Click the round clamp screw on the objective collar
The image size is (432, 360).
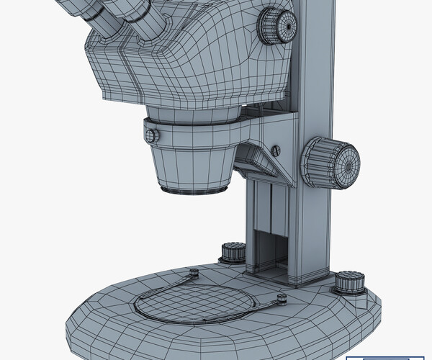151,135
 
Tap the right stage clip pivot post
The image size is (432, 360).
279,298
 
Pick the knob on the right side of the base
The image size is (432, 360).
348,283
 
